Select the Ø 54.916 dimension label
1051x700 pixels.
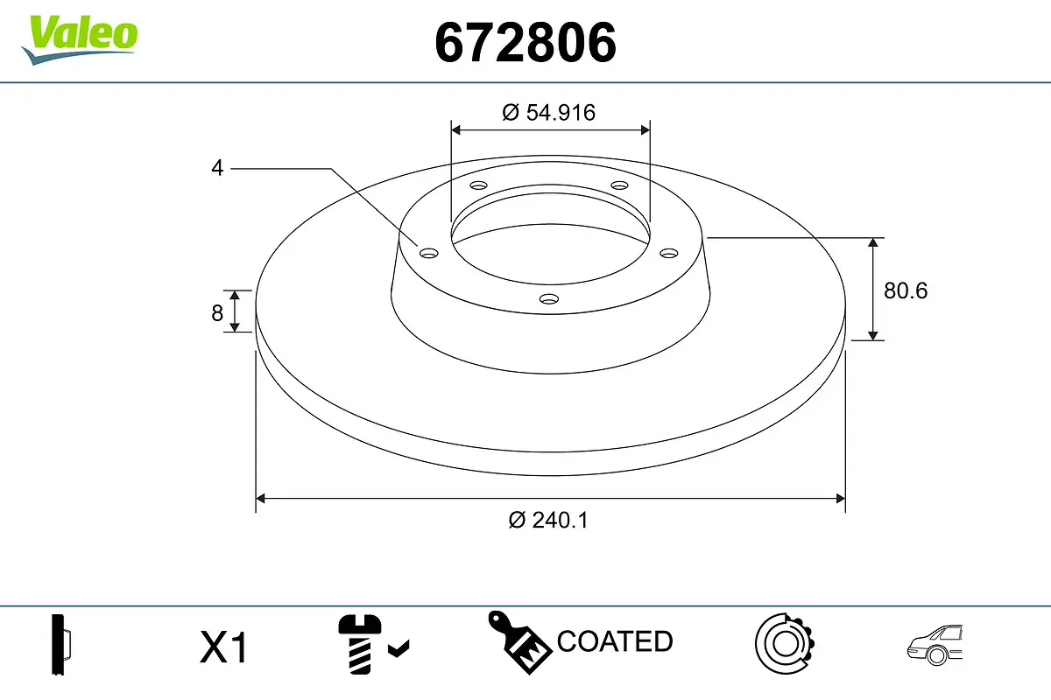pyautogui.click(x=549, y=112)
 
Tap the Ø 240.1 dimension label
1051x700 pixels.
pyautogui.click(x=549, y=520)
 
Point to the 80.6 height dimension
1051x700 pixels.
pyautogui.click(x=905, y=290)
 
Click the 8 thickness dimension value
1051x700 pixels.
pyautogui.click(x=217, y=312)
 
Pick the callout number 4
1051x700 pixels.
pyautogui.click(x=217, y=168)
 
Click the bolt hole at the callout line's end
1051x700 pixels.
pyautogui.click(x=428, y=254)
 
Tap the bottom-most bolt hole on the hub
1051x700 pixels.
pyautogui.click(x=549, y=299)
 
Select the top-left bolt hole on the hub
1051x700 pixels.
pyautogui.click(x=478, y=185)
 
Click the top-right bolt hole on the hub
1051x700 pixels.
pyautogui.click(x=620, y=185)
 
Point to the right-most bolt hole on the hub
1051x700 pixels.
pyautogui.click(x=669, y=254)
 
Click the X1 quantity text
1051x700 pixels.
pyautogui.click(x=225, y=648)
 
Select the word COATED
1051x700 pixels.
pyautogui.click(x=615, y=641)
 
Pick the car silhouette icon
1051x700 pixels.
pyautogui.click(x=935, y=646)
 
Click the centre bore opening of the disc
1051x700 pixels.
pyautogui.click(x=550, y=232)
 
